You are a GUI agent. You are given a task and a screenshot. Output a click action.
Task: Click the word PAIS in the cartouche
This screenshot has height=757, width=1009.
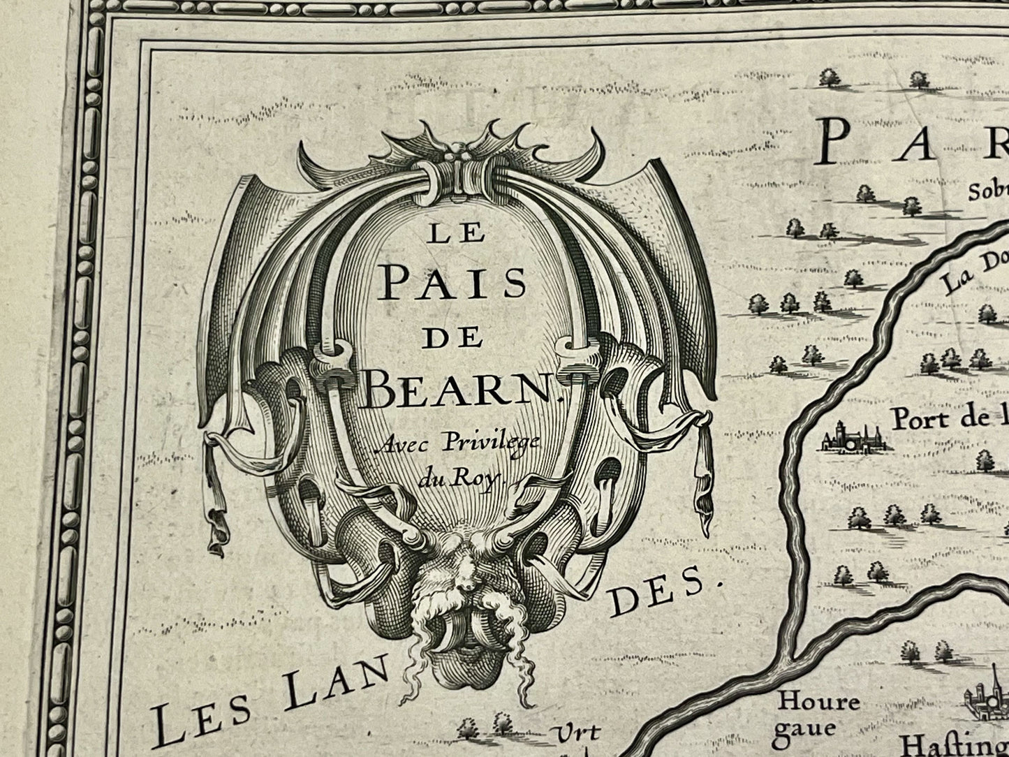(455, 284)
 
